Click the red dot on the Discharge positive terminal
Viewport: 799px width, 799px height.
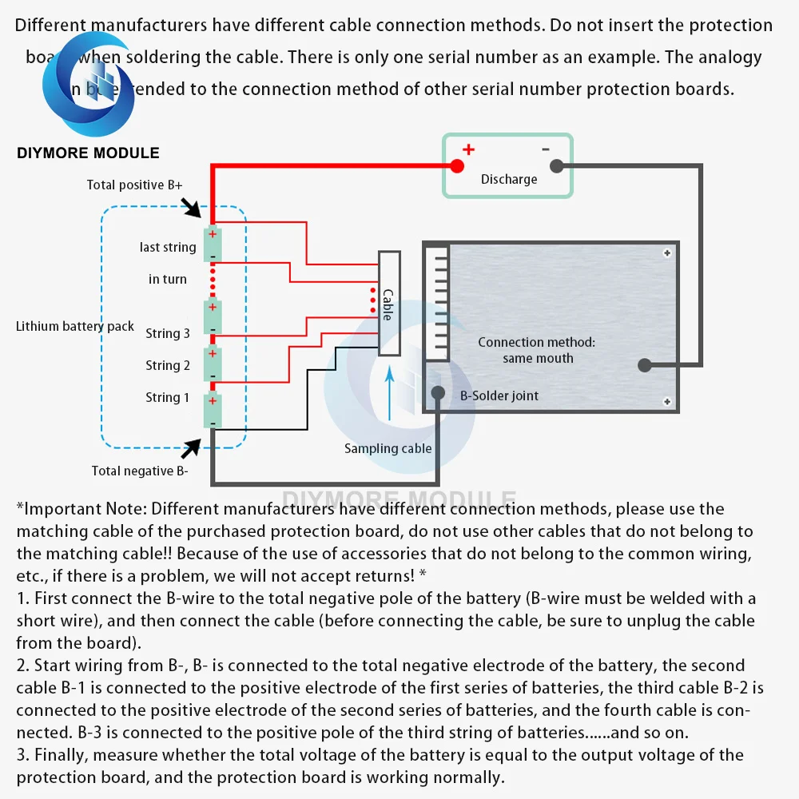tap(456, 166)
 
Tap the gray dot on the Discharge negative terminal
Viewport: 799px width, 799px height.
tap(557, 166)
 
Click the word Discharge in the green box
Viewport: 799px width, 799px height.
tap(509, 179)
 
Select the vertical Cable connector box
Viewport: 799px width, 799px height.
tap(389, 304)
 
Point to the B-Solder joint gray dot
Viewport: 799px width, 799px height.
tap(438, 393)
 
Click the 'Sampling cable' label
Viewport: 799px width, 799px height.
tap(388, 448)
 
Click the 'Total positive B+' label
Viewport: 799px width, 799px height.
tap(134, 185)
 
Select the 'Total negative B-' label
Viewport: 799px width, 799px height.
tap(140, 471)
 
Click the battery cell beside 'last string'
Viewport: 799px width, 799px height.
tap(212, 245)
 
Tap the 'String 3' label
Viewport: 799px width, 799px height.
tap(168, 333)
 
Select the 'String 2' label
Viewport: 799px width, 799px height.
tap(168, 365)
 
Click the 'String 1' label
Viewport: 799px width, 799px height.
tap(168, 397)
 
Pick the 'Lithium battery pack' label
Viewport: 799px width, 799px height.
tap(75, 326)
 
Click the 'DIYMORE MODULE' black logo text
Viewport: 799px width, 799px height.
tap(88, 153)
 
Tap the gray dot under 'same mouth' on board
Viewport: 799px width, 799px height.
tap(644, 365)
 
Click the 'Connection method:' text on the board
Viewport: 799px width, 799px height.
tap(536, 342)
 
